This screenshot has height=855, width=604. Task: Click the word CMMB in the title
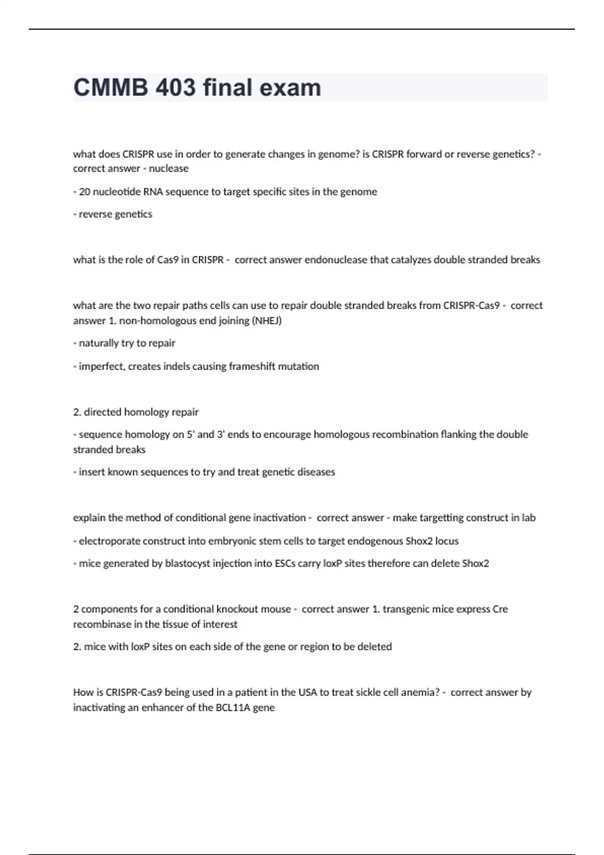111,88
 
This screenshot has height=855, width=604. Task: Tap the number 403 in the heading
176,88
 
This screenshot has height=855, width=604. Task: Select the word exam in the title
290,88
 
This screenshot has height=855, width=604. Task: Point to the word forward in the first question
423,154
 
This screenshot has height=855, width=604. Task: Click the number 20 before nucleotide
84,192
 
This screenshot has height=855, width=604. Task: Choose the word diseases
316,472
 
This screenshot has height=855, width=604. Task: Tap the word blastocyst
188,563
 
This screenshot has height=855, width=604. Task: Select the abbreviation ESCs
285,563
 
